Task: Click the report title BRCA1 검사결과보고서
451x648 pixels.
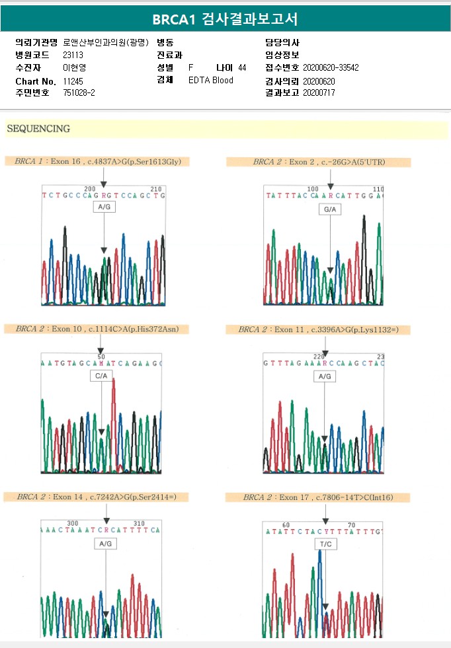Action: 225,19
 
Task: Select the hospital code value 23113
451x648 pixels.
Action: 73,55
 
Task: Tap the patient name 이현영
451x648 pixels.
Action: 74,67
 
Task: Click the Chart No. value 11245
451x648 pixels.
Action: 73,81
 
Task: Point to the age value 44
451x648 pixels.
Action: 242,67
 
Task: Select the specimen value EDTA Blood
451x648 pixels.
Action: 211,81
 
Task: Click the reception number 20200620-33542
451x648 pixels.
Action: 331,67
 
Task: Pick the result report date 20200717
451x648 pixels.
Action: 319,93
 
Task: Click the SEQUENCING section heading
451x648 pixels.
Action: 38,129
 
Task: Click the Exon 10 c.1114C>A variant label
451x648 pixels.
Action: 97,328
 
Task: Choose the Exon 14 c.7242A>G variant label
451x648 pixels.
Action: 97,496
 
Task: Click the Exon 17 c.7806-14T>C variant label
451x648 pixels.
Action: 317,497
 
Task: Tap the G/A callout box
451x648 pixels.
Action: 329,209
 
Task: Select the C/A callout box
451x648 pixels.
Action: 101,375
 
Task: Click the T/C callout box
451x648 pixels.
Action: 326,544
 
